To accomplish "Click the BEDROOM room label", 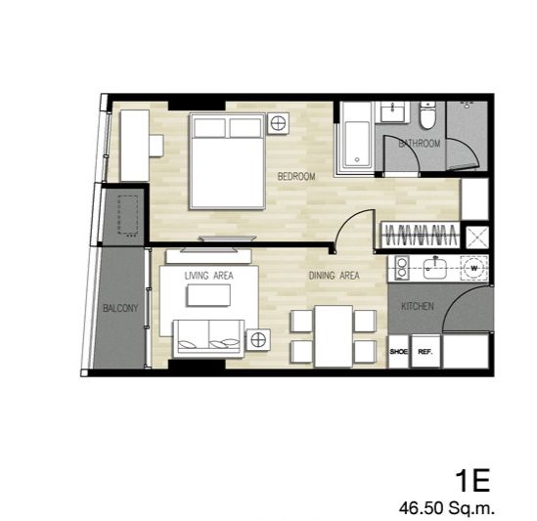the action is pos(296,177).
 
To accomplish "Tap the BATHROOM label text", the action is pos(420,144).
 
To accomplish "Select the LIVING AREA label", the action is pos(209,276).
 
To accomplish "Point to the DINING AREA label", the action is pos(335,276).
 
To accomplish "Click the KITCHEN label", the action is pos(418,306).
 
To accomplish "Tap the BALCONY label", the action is pos(120,308).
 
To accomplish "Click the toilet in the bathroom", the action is pos(427,115).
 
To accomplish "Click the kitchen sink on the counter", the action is pos(435,268).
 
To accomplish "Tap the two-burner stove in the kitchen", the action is pos(401,268).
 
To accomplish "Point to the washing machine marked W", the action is pos(474,268).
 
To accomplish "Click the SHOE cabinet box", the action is pos(399,351).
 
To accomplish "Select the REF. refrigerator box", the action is pos(425,351).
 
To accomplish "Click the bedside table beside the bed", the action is pos(278,123).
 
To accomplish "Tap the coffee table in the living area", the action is pos(208,295).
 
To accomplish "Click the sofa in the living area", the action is pos(209,338).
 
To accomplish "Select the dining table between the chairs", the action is pos(334,336).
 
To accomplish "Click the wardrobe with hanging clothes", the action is pos(421,236).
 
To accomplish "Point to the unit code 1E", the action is pos(472,481).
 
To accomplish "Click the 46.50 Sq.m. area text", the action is pos(447,508).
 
